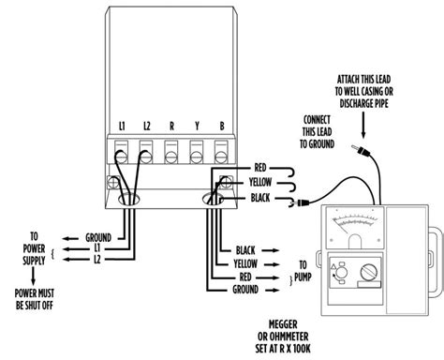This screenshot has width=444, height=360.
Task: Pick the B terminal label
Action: [220, 126]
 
